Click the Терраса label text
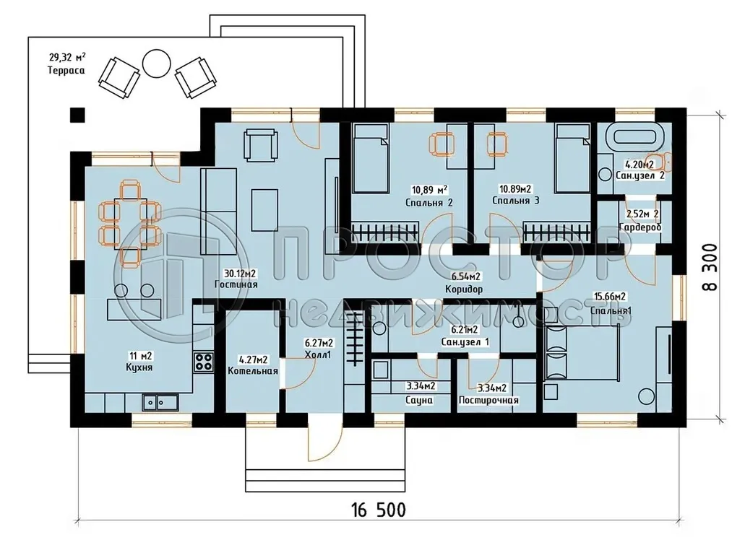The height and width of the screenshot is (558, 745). (x=66, y=71)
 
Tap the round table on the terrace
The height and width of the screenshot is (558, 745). (x=156, y=63)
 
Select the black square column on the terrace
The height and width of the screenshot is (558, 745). (x=77, y=114)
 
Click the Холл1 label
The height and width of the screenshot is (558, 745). (x=318, y=354)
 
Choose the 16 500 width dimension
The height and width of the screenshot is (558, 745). (x=378, y=510)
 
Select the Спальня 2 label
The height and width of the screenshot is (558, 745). (x=431, y=202)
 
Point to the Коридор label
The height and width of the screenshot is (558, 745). (x=464, y=289)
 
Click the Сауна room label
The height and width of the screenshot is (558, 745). (x=419, y=399)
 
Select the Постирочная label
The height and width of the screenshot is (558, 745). (x=488, y=400)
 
